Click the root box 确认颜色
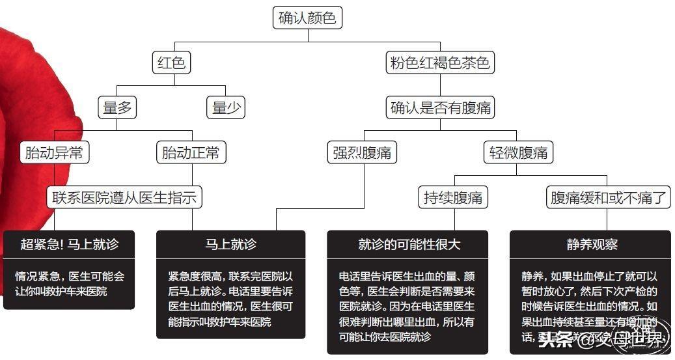tap(307, 18)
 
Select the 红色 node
tap(172, 63)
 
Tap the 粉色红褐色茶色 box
tap(439, 63)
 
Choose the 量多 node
tap(117, 107)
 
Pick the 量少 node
tap(226, 107)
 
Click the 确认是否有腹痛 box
tap(439, 107)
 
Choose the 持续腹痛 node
tap(453, 197)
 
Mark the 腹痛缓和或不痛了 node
tap(609, 197)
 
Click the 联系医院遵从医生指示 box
tap(124, 197)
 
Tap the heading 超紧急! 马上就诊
tap(69, 245)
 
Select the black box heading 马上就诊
tap(230, 245)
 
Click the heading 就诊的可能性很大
tap(409, 245)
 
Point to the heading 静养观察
tap(591, 245)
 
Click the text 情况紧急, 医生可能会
tap(69, 275)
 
